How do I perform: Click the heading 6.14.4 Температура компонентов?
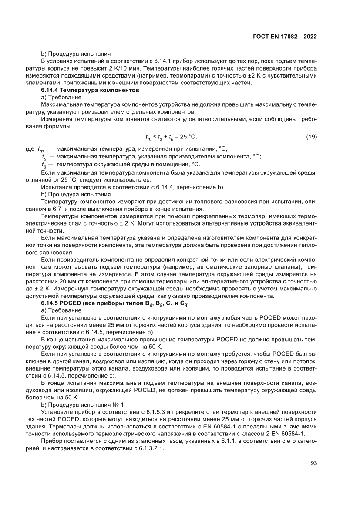(90, 90)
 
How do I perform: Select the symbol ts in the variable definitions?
(44, 157)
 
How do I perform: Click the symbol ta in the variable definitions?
(44, 165)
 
